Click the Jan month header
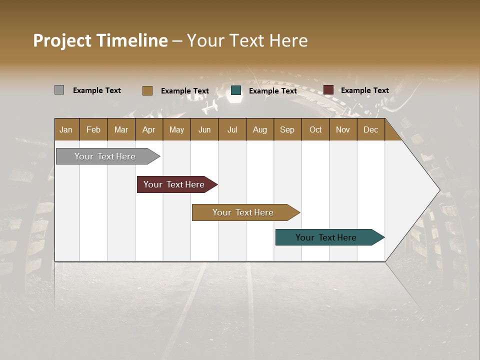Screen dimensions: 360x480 click(x=66, y=129)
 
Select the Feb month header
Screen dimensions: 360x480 click(x=93, y=129)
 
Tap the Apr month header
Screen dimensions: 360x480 click(x=148, y=129)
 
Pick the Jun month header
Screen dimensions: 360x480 click(x=204, y=129)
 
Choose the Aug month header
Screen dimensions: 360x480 click(x=259, y=129)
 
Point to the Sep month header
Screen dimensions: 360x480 click(x=287, y=129)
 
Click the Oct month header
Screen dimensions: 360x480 click(x=315, y=129)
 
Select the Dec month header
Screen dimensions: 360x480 click(x=370, y=129)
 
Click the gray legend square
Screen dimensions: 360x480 click(x=59, y=90)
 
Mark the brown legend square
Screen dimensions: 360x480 click(x=147, y=90)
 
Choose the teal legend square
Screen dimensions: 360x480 click(x=236, y=90)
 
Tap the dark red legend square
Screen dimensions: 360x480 click(x=328, y=90)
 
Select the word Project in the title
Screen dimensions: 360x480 click(x=62, y=41)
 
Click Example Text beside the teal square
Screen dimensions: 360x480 click(x=272, y=91)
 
